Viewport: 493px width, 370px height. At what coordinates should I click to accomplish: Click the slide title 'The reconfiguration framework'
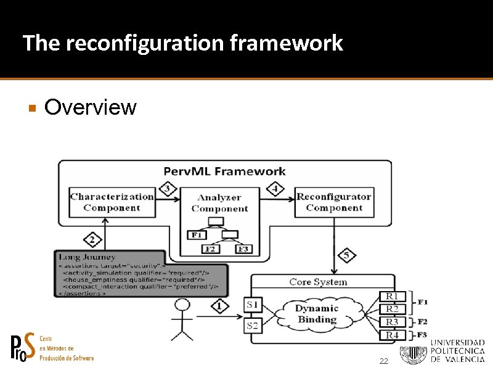[x=182, y=43]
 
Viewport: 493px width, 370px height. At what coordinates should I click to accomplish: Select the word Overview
[x=91, y=107]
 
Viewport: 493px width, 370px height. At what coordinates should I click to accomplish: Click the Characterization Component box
[x=112, y=202]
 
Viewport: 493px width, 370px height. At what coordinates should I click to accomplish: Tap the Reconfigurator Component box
[x=334, y=202]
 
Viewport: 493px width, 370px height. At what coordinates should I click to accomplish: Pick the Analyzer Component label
[x=219, y=203]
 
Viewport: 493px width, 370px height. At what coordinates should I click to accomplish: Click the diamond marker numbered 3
[x=166, y=188]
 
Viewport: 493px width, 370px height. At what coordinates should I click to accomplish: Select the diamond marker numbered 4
[x=275, y=188]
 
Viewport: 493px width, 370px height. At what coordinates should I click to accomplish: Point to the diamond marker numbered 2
[x=92, y=239]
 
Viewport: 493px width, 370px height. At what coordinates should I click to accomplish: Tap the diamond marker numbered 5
[x=346, y=254]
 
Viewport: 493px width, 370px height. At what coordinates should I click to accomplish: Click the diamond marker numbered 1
[x=219, y=305]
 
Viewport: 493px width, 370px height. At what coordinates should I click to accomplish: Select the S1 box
[x=252, y=305]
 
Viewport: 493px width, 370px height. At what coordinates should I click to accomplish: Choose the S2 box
[x=252, y=325]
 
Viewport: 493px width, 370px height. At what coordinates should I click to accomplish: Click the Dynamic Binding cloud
[x=317, y=314]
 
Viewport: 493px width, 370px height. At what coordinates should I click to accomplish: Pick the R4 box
[x=392, y=335]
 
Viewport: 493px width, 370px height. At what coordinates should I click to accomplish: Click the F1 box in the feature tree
[x=196, y=235]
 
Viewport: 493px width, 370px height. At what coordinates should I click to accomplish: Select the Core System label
[x=318, y=282]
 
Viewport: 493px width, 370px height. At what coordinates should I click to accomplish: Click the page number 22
[x=383, y=361]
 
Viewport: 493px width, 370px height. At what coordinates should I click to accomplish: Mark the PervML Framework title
[x=224, y=171]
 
